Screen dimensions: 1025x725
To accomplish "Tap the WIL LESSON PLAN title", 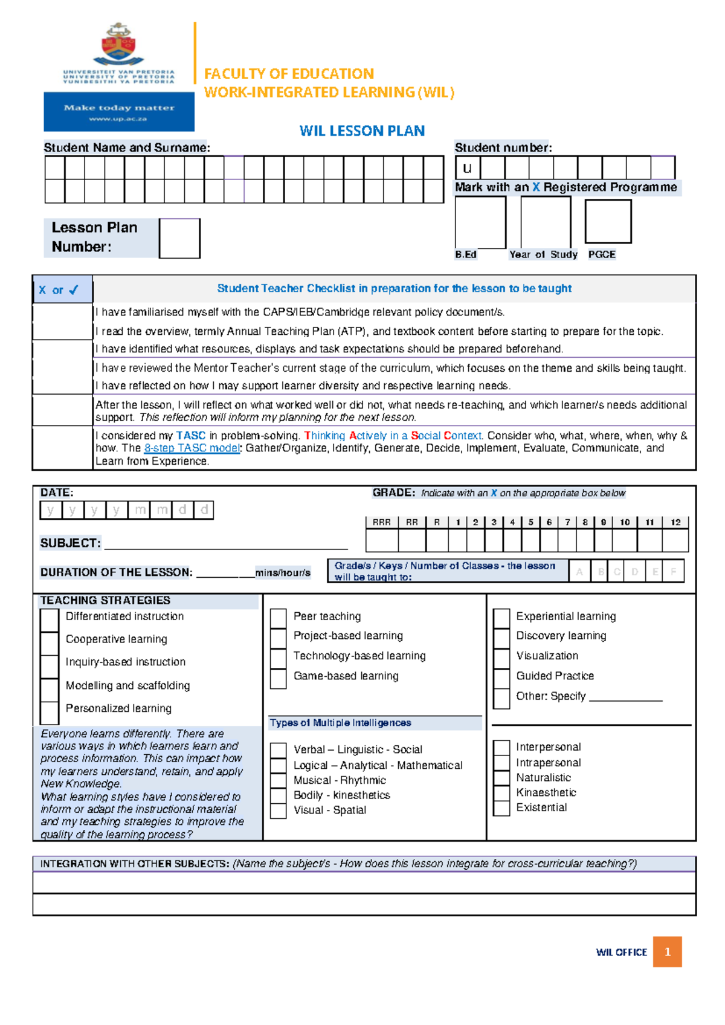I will coord(362,131).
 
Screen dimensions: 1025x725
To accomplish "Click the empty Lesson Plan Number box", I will coord(179,239).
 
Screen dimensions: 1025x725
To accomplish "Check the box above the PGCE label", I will coord(608,222).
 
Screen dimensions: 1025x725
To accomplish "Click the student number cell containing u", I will coord(467,168).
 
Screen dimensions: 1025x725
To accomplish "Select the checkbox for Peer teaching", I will coord(278,618).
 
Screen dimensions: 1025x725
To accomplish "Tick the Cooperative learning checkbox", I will coord(49,640).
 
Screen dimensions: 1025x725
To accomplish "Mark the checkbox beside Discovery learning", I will coord(501,637).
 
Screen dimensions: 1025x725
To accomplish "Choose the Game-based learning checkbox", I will coord(278,677).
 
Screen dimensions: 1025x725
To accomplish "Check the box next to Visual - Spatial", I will coord(278,811).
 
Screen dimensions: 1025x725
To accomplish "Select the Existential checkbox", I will coord(501,808).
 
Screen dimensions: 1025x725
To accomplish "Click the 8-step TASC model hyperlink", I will coord(192,448).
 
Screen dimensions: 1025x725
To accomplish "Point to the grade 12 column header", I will coord(675,522).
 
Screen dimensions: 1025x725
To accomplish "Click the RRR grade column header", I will coord(381,522).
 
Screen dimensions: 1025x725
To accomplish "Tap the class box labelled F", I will coord(674,571).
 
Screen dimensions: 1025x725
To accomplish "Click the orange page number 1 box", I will coord(667,952).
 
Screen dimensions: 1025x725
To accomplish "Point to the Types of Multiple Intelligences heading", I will coord(340,723).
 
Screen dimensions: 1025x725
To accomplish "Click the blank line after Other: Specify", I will coord(625,697).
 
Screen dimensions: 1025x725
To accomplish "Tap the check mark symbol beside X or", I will coord(74,290).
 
